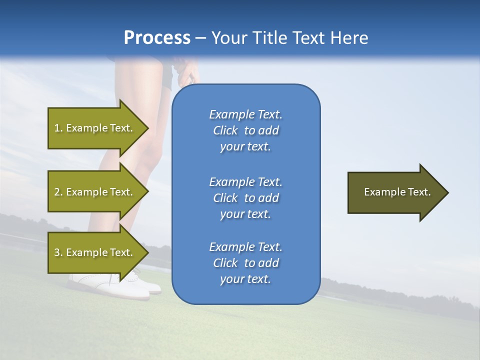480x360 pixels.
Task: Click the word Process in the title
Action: pyautogui.click(x=157, y=38)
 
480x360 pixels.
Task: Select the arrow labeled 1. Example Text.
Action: pyautogui.click(x=93, y=128)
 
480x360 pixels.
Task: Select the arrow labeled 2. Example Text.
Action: pyautogui.click(x=93, y=192)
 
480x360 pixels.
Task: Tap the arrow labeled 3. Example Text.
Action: pyautogui.click(x=93, y=252)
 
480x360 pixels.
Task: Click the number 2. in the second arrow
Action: pyautogui.click(x=58, y=192)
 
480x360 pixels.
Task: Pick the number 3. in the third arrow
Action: pyautogui.click(x=58, y=252)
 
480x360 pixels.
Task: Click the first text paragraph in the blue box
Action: pyautogui.click(x=245, y=130)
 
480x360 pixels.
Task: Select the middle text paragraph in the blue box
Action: pyautogui.click(x=245, y=197)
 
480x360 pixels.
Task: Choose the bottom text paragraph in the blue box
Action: pyautogui.click(x=245, y=263)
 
